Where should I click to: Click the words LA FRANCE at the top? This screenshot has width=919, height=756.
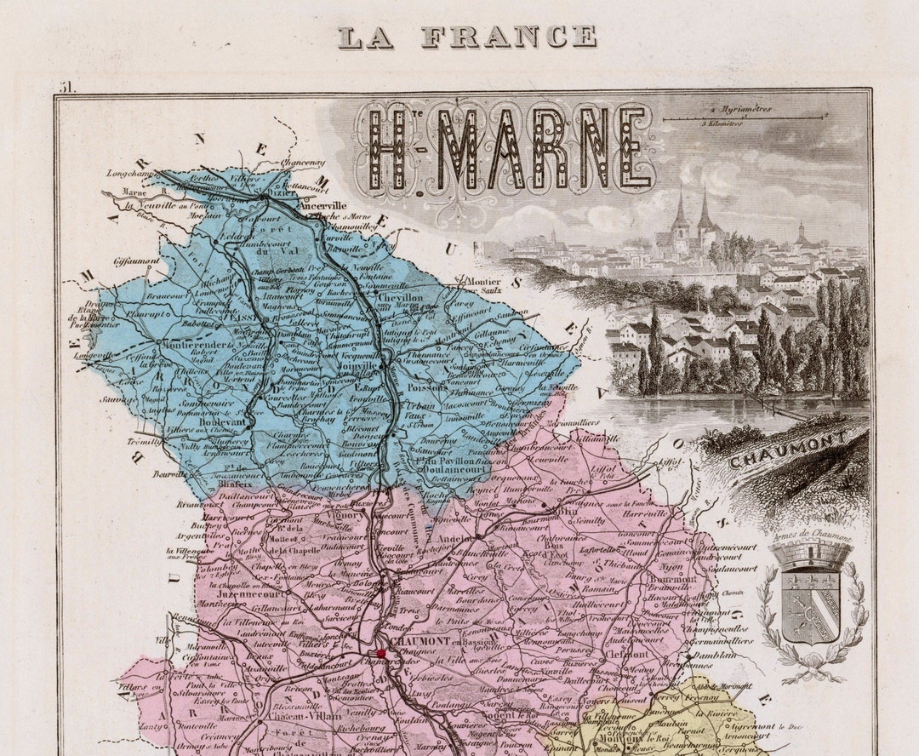tap(467, 37)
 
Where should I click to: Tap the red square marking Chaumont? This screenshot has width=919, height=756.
tap(381, 654)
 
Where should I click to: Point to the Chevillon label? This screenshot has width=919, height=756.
tap(399, 297)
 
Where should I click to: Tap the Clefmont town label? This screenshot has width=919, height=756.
tap(629, 654)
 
